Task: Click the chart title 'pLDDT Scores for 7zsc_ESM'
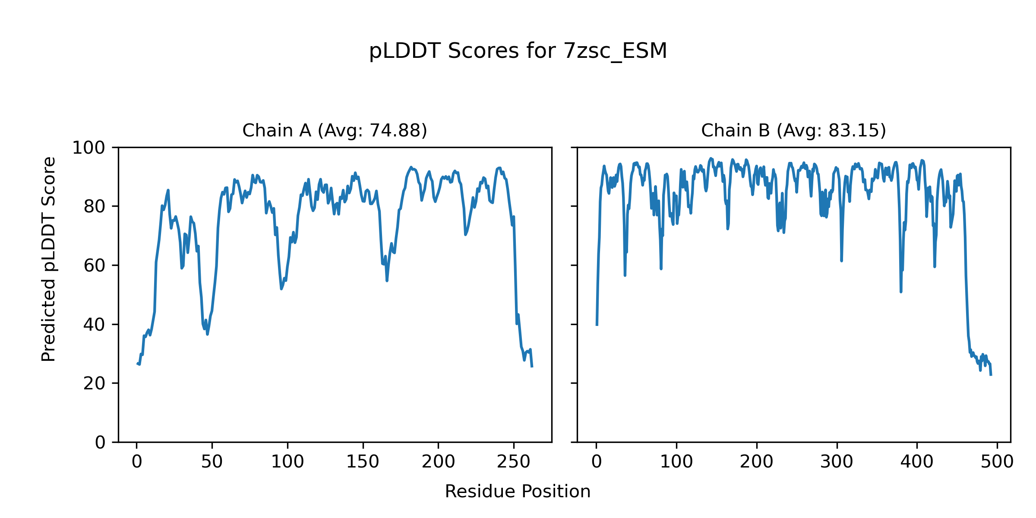[518, 51]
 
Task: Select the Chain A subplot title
[335, 130]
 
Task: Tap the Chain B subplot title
[793, 130]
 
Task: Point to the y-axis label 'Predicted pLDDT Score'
[48, 259]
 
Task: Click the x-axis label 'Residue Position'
[518, 491]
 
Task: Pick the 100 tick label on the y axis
[88, 148]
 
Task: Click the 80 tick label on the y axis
[95, 207]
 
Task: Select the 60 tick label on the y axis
[95, 265]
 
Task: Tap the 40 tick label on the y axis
[95, 325]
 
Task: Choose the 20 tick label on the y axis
[95, 383]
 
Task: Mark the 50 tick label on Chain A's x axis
[212, 462]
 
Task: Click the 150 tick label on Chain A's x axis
[363, 462]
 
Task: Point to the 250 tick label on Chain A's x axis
[514, 462]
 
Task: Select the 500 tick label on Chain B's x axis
[997, 462]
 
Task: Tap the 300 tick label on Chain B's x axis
[837, 462]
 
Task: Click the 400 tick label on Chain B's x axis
[917, 462]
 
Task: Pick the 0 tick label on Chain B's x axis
[597, 462]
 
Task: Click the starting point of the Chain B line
[597, 325]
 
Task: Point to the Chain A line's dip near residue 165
[387, 281]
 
